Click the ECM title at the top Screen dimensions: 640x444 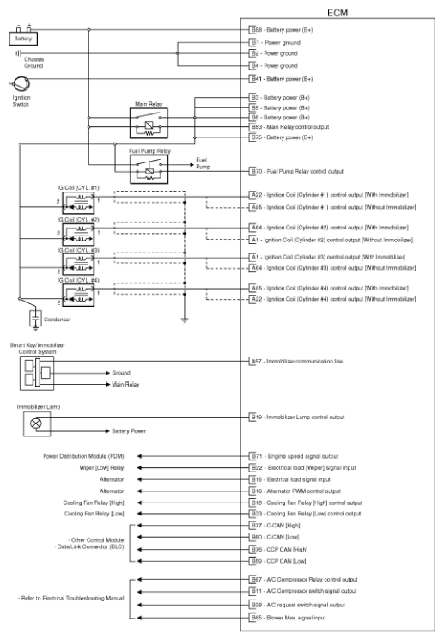pyautogui.click(x=337, y=13)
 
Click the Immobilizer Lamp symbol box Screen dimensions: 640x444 pyautogui.click(x=36, y=423)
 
